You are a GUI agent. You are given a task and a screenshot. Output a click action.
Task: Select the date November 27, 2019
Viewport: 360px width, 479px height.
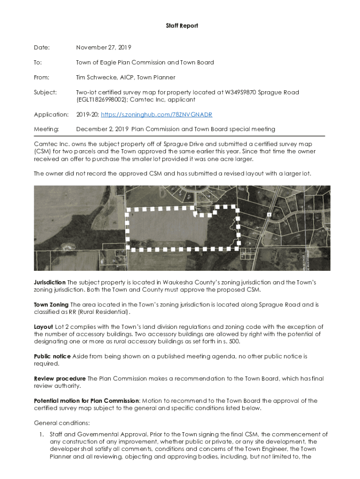[x=103, y=48]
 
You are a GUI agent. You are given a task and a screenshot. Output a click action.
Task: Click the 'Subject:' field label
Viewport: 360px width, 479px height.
[x=45, y=93]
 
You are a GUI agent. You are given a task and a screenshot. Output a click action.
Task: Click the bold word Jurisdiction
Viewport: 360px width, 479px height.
[x=50, y=283]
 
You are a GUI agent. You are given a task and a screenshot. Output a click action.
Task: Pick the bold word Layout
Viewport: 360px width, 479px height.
[x=43, y=327]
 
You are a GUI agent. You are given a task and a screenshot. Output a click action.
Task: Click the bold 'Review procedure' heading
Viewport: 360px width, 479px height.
[x=60, y=378]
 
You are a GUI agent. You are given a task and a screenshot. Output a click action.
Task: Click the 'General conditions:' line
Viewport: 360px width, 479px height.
[x=58, y=423]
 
